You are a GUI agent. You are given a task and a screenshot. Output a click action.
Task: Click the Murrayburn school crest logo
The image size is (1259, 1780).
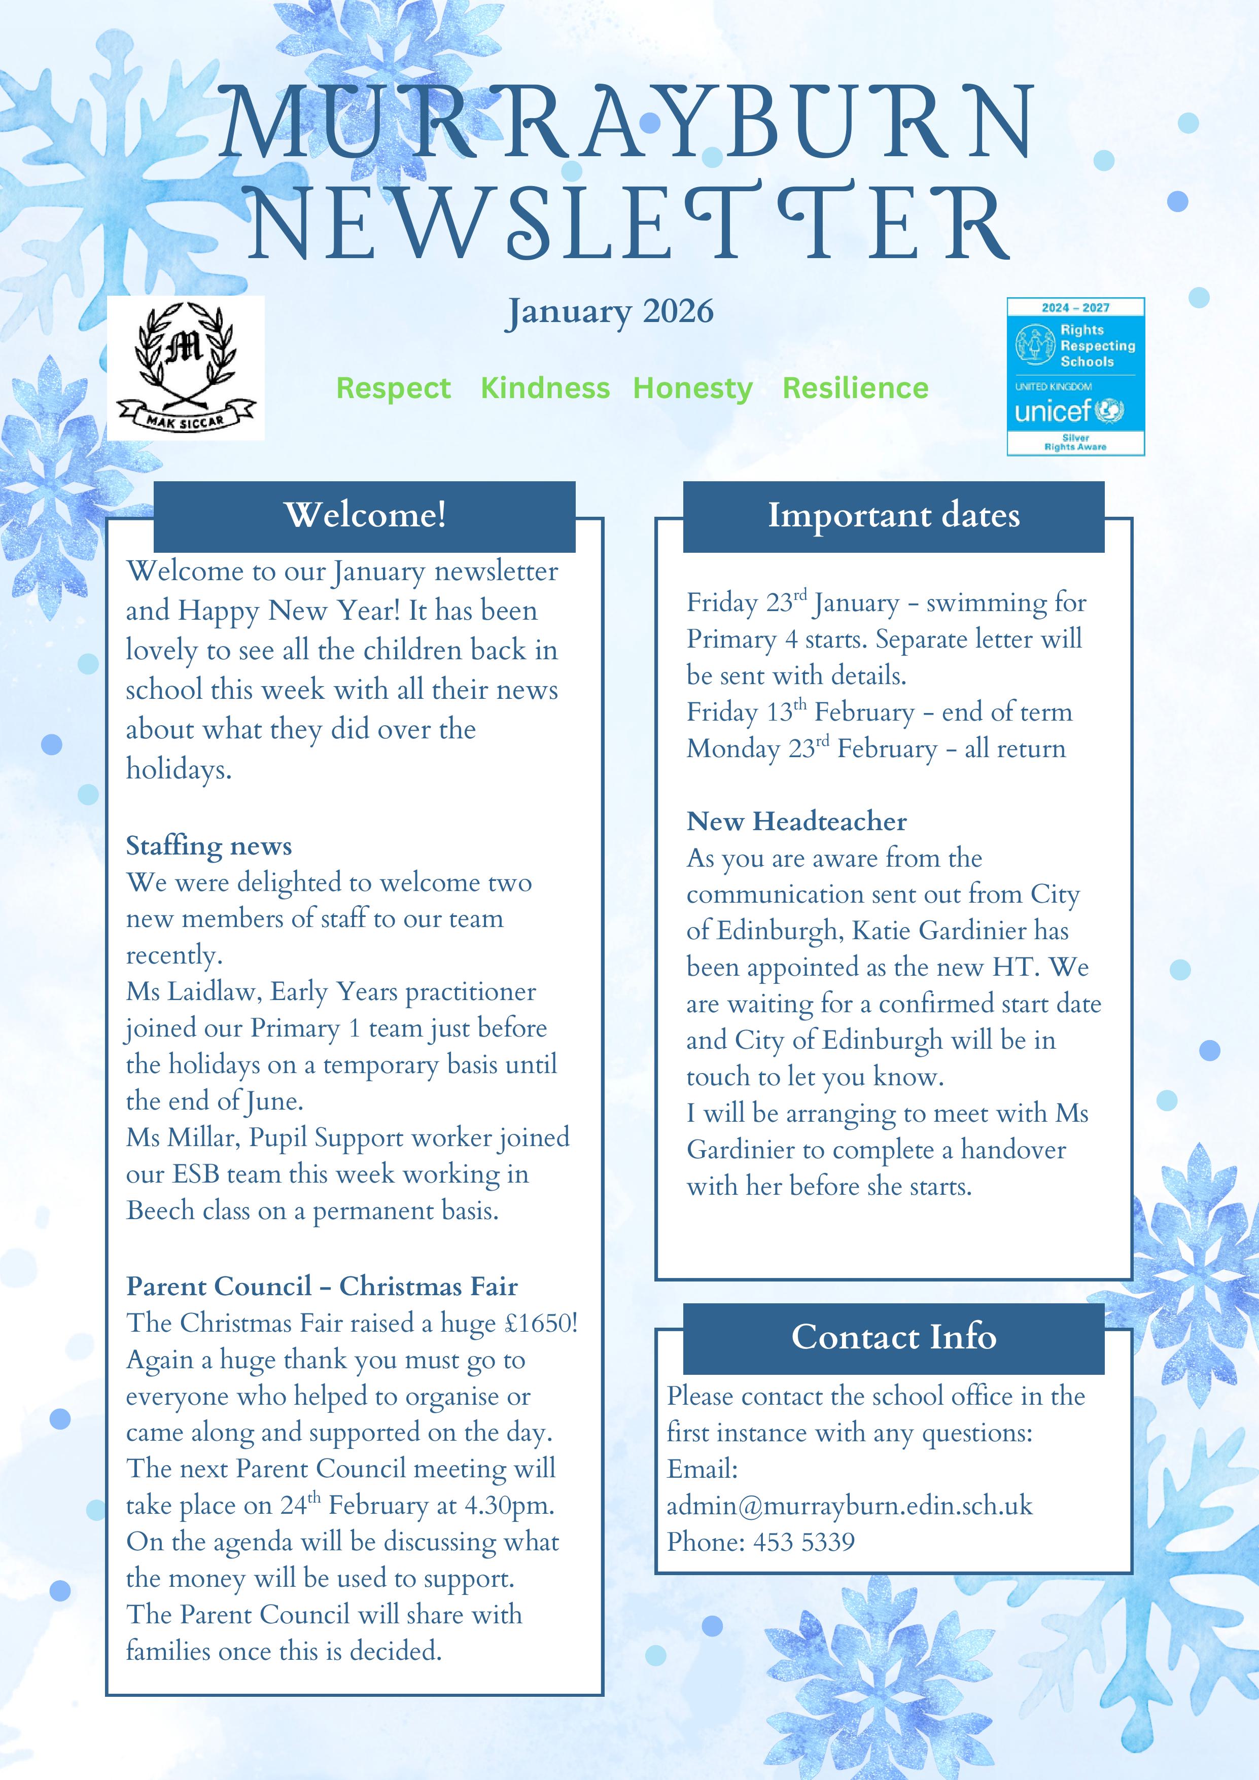point(185,368)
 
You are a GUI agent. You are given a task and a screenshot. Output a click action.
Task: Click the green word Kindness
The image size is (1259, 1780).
point(545,387)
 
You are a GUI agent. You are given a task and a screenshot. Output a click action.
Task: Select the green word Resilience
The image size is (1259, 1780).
point(855,387)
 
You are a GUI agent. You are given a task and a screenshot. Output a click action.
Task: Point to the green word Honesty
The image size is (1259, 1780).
point(692,387)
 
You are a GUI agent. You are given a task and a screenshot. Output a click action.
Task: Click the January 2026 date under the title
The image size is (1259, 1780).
point(609,312)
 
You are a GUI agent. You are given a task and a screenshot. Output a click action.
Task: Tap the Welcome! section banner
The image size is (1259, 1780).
point(364,516)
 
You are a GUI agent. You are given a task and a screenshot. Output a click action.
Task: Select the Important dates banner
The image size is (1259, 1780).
point(893,516)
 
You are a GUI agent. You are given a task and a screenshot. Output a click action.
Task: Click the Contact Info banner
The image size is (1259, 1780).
point(893,1337)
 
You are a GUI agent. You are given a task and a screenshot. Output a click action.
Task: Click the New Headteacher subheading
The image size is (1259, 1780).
point(796,821)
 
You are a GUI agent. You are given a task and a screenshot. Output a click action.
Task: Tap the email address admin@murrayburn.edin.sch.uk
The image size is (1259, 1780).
point(849,1506)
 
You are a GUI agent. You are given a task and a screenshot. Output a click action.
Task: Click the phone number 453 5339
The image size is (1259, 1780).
point(804,1542)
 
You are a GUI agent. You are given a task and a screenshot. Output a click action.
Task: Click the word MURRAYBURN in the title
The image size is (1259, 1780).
point(626,124)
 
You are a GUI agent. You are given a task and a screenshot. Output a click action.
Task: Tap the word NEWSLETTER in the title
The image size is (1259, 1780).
point(629,223)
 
